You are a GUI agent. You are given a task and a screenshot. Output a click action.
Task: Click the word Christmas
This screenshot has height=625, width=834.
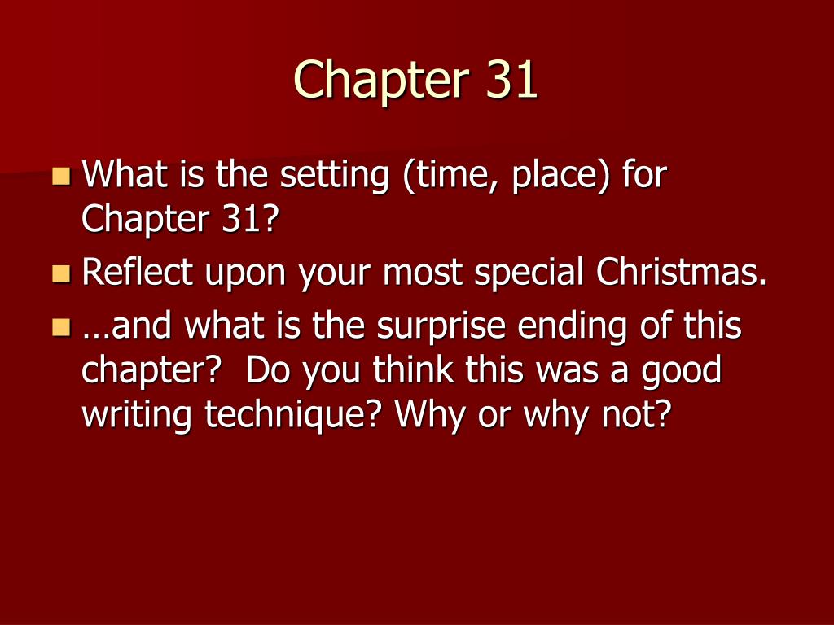click(682, 273)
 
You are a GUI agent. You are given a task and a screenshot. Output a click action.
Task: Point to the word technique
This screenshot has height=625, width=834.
click(296, 417)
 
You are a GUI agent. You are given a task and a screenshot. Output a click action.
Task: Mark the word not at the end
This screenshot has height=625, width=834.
click(643, 415)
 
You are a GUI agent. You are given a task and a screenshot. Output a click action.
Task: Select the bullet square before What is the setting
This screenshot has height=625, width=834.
click(61, 175)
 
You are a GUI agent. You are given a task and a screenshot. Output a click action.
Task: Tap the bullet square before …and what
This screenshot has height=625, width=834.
click(61, 327)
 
